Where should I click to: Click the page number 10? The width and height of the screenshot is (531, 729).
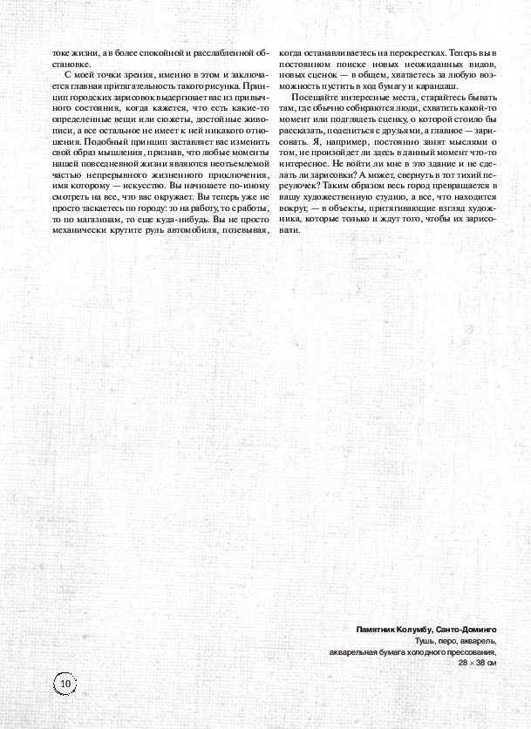[65, 685]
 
